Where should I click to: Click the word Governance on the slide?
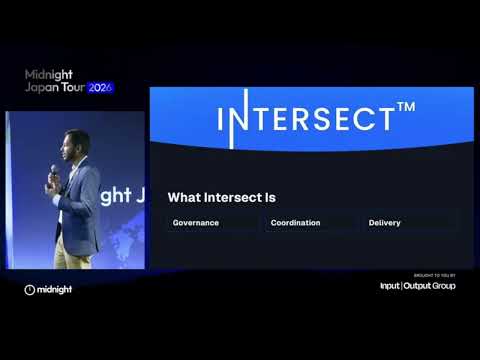[x=196, y=223]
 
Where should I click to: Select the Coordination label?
[x=295, y=223]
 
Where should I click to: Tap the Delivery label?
[x=384, y=223]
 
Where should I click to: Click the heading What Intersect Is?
[x=221, y=198]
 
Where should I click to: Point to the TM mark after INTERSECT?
[x=406, y=108]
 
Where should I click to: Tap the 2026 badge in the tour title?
[x=101, y=88]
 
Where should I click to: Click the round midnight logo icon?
[x=30, y=290]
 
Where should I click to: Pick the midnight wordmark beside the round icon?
[x=56, y=290]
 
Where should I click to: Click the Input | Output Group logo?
[x=417, y=286]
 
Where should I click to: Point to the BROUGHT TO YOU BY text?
[x=434, y=275]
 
